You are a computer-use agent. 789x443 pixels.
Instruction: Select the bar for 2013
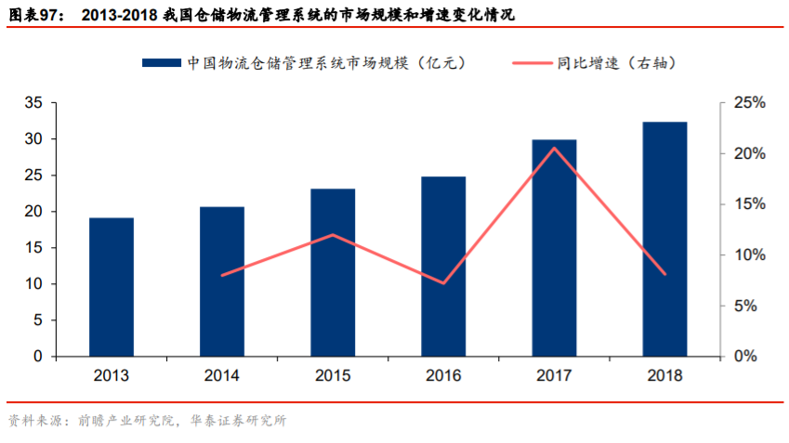pos(112,287)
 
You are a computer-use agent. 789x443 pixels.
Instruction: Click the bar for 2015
pos(333,272)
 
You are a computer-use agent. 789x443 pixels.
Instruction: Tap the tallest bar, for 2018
pos(664,239)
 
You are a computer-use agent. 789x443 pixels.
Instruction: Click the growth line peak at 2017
pos(554,149)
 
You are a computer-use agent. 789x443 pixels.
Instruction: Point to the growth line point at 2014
pos(222,275)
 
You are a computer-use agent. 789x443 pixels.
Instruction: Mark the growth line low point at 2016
pos(443,282)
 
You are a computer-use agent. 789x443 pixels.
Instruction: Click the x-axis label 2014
pos(222,376)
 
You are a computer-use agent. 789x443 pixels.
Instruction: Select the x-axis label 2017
pos(554,376)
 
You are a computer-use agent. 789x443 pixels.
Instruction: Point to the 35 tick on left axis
pos(33,103)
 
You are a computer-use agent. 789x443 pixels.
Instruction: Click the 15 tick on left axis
pos(33,248)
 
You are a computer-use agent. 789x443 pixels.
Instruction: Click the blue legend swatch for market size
pos(160,63)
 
